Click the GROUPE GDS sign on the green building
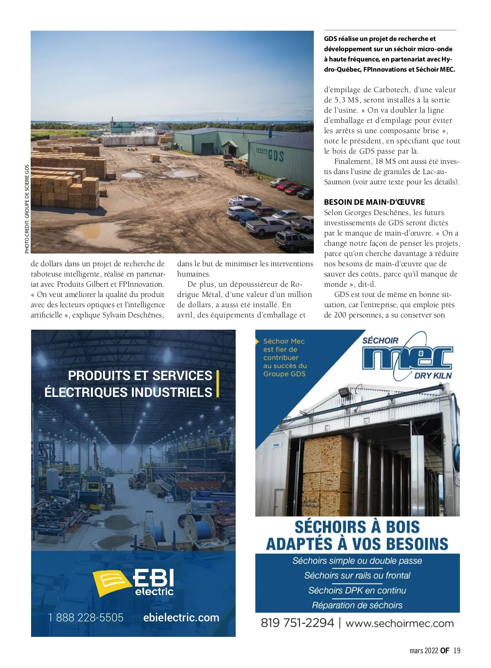pos(270,155)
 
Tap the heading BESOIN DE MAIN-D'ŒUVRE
pos(374,202)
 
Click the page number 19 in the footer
pos(457,650)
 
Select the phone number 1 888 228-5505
pos(86,617)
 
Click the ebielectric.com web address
pos(181,617)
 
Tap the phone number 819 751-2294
pos(297,623)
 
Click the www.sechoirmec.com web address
pos(399,623)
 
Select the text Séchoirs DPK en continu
pos(357,590)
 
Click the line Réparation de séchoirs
pos(357,605)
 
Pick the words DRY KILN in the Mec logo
pos(433,376)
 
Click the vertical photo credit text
pos(27,209)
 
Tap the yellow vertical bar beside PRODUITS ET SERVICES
pos(218,384)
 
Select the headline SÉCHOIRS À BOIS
pos(357,527)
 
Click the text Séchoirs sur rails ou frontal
pos(357,575)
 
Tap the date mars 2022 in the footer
pos(424,650)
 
